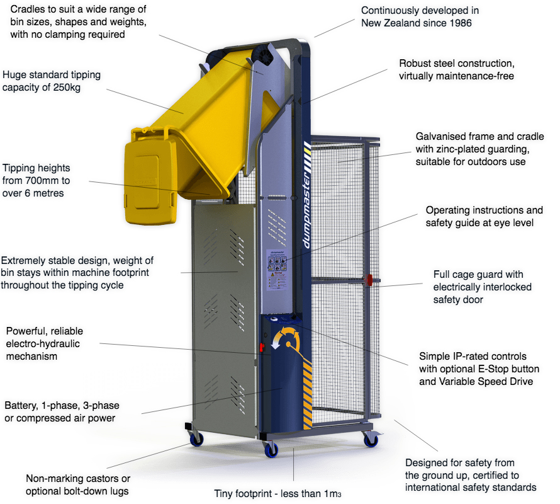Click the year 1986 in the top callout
[x=459, y=23]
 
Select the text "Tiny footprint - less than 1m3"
[x=279, y=493]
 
